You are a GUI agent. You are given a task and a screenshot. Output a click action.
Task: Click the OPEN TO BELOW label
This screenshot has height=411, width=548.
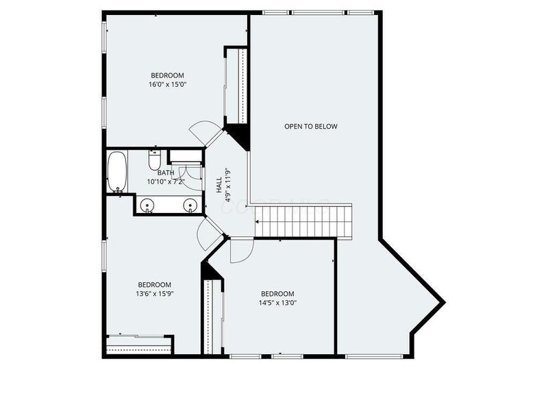(x=311, y=126)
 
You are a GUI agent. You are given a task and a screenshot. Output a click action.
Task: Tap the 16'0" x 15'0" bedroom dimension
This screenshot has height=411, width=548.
(x=167, y=84)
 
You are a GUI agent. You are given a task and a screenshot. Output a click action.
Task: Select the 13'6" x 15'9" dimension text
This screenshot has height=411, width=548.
(x=155, y=294)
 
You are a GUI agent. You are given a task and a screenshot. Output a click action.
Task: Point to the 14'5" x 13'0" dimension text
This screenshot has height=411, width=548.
(x=277, y=303)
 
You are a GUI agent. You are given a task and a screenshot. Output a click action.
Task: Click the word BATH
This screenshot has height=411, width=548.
(x=166, y=173)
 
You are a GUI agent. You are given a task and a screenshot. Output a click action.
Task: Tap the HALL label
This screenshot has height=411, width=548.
(x=219, y=185)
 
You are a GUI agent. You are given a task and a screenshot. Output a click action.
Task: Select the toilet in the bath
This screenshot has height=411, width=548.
(x=154, y=160)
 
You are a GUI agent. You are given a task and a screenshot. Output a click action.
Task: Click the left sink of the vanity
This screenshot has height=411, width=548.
(x=147, y=205)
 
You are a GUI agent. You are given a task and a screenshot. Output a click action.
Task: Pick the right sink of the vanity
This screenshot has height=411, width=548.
(x=190, y=205)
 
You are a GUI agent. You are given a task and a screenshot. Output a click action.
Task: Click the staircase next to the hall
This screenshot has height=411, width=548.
(x=303, y=221)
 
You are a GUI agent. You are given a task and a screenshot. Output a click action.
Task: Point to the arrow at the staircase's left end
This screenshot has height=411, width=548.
(x=258, y=221)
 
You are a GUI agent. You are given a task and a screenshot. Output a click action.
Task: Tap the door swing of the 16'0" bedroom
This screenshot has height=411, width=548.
(x=205, y=133)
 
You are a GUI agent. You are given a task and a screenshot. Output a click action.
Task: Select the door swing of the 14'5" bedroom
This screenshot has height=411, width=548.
(x=241, y=251)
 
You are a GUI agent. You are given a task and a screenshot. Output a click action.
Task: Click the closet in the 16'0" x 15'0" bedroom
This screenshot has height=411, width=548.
(x=236, y=86)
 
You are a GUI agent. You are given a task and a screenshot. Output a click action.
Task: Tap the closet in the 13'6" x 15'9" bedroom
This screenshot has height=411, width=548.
(x=139, y=345)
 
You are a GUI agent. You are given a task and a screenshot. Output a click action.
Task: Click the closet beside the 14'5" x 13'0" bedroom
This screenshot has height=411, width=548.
(x=213, y=317)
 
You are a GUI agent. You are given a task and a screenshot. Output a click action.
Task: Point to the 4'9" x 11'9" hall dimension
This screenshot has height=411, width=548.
(x=229, y=185)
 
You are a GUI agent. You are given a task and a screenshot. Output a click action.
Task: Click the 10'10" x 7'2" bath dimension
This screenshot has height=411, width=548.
(x=165, y=182)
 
